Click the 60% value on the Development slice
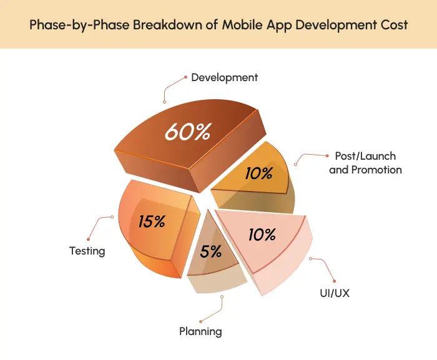pos(188,132)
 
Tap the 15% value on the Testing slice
pos(151,221)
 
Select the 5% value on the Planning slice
pos(211,251)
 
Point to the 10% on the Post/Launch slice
pos(258,173)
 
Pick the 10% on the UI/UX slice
pos(262,235)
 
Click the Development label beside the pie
pos(224,78)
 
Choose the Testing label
pos(87,251)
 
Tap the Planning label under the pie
pos(200,331)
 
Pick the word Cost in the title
pos(395,26)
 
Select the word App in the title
pos(284,26)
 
